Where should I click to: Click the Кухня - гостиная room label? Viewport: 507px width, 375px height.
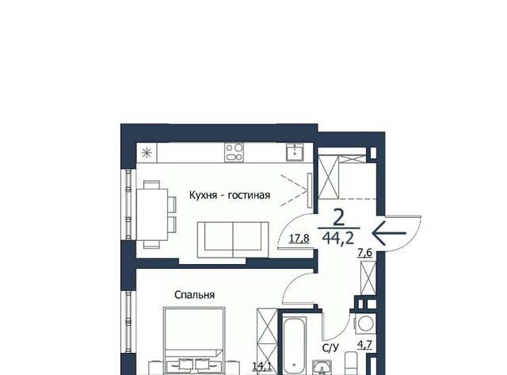click(x=229, y=195)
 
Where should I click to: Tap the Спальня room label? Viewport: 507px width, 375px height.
click(x=194, y=295)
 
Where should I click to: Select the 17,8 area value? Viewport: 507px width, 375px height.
click(x=299, y=239)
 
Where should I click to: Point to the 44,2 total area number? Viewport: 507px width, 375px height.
click(x=338, y=239)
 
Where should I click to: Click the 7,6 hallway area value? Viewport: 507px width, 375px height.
click(x=364, y=253)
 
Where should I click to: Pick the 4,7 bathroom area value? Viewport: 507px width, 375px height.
click(x=364, y=345)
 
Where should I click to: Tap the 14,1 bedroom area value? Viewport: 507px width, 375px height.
click(x=262, y=366)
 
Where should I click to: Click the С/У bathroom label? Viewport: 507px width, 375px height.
click(x=331, y=348)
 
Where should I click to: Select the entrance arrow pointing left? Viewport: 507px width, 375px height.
click(x=389, y=233)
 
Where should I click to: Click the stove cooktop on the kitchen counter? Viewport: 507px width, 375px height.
click(x=234, y=152)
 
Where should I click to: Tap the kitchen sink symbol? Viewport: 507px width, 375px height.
click(x=295, y=152)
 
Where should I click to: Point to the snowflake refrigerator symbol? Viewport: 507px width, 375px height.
click(x=147, y=152)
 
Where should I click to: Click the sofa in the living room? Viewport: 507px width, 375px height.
click(x=233, y=239)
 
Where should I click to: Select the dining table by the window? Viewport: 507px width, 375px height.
click(x=152, y=215)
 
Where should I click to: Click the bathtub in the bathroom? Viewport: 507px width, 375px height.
click(x=294, y=346)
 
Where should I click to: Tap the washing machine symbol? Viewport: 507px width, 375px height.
click(x=366, y=323)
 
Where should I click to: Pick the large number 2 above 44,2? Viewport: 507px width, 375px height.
click(x=338, y=218)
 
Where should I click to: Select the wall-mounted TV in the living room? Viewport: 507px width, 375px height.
click(x=310, y=190)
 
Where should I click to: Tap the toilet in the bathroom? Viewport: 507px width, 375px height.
click(x=351, y=363)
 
